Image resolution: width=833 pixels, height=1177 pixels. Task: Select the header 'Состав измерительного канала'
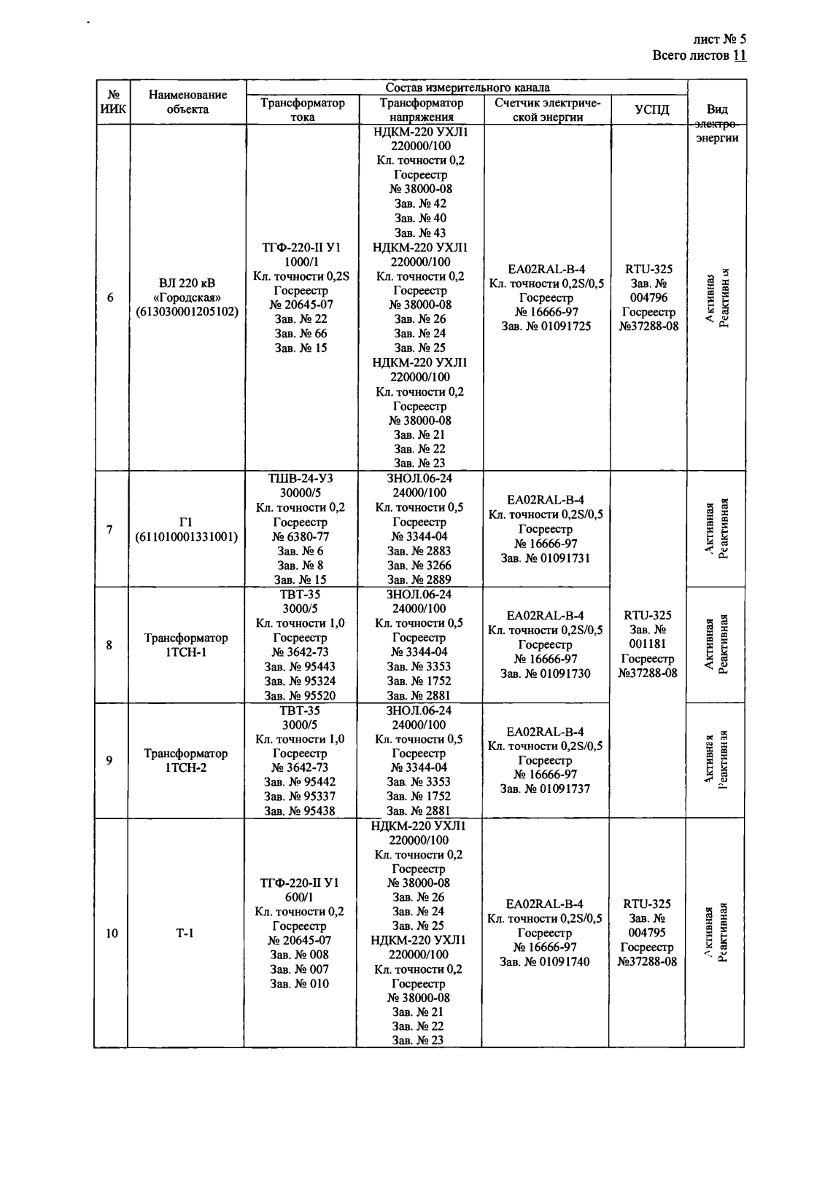(x=467, y=87)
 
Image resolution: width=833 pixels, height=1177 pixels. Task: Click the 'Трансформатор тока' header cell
(x=302, y=109)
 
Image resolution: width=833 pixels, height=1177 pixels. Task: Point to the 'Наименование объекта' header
(x=187, y=102)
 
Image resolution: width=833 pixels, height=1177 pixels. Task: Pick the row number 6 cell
(x=110, y=297)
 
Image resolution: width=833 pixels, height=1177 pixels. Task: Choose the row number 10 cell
(x=112, y=933)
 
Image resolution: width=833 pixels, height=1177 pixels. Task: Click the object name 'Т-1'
(x=185, y=933)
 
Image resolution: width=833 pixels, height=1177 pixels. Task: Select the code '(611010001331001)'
(x=187, y=537)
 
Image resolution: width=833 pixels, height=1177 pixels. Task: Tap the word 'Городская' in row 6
(x=187, y=297)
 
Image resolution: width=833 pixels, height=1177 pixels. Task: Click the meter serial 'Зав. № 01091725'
(x=546, y=326)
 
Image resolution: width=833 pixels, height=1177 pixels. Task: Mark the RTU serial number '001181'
(x=647, y=644)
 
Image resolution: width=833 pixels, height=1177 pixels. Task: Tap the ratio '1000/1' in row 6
(x=301, y=262)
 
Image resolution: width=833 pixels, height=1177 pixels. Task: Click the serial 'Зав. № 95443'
(x=300, y=666)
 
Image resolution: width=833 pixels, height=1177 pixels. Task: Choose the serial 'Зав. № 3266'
(x=419, y=566)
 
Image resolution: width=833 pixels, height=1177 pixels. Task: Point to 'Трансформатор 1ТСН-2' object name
(x=185, y=760)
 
